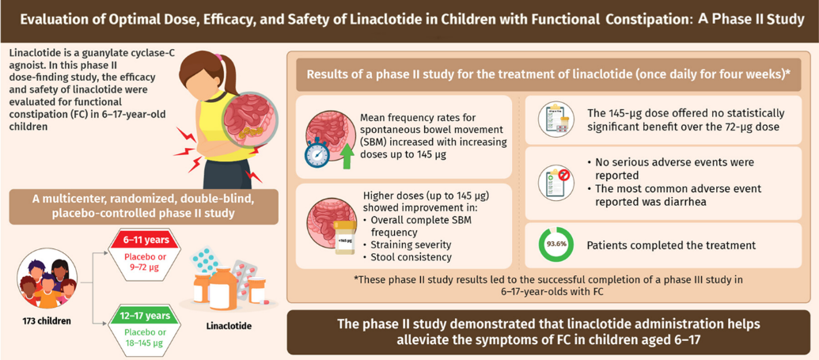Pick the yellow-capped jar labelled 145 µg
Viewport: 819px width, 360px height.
pos(344,237)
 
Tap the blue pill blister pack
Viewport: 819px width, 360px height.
pos(207,262)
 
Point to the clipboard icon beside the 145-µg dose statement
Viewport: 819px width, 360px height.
pos(553,119)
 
